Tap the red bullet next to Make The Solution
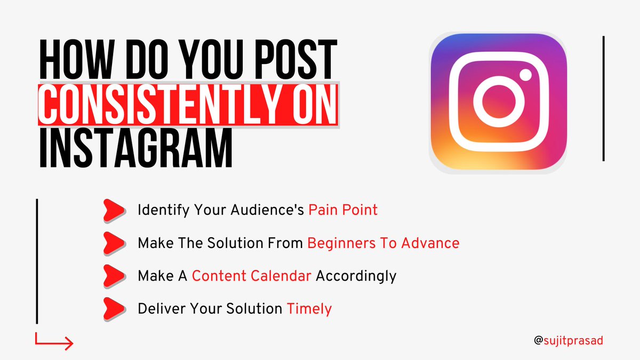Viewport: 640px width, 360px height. pyautogui.click(x=114, y=243)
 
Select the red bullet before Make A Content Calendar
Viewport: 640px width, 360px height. pyautogui.click(x=114, y=276)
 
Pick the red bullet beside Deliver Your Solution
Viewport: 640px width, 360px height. pyautogui.click(x=114, y=308)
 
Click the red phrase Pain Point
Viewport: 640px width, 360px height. pyautogui.click(x=343, y=210)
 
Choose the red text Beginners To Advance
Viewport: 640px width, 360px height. pyautogui.click(x=383, y=243)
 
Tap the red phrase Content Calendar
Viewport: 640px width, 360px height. pyautogui.click(x=251, y=276)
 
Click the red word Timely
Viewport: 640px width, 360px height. pyautogui.click(x=309, y=309)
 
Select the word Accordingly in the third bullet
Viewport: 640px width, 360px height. pyautogui.click(x=356, y=276)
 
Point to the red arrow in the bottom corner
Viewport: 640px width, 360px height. pyautogui.click(x=54, y=342)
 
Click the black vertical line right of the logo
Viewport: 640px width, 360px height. pyautogui.click(x=603, y=98)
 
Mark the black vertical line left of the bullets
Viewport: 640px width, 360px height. pyautogui.click(x=37, y=261)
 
